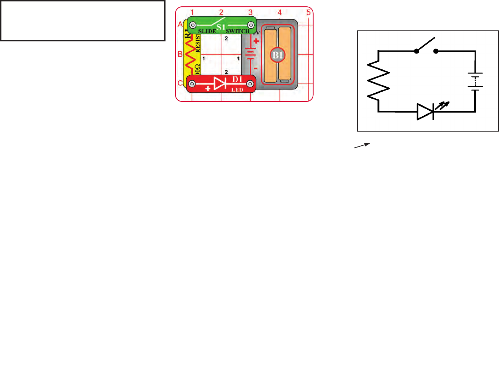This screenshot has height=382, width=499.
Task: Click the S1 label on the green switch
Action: coord(221,27)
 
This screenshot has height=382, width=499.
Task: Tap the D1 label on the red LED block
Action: coord(237,80)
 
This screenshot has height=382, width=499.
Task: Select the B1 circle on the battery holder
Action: coord(278,55)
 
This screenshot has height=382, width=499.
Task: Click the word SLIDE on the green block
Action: coord(207,31)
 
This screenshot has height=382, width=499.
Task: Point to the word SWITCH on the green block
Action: coord(238,31)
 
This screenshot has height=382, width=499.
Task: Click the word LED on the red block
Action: coord(237,90)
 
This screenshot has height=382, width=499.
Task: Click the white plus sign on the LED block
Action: coord(208,88)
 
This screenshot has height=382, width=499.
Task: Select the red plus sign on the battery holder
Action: coord(256,41)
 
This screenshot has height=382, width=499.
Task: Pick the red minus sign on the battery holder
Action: coord(256,68)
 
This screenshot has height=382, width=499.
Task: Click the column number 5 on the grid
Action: coord(308,12)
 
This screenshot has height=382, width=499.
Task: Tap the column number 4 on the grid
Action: coord(280,12)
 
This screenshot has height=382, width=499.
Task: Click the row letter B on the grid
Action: coord(180,54)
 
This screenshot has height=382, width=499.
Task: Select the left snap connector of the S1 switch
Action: coord(193,25)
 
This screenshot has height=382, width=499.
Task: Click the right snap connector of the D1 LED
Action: coord(250,84)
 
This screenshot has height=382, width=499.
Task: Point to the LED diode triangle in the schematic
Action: coord(425,112)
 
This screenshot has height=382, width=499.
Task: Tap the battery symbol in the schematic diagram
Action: coord(475,81)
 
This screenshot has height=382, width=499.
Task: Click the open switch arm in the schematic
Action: coord(425,44)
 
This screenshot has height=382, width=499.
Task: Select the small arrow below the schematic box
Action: coord(362,145)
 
